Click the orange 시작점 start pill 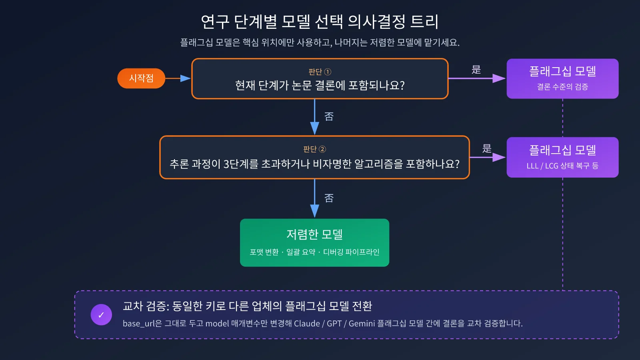click(x=141, y=78)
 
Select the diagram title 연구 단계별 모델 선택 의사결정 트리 click(x=320, y=22)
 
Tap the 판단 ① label click(x=320, y=72)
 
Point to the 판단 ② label click(x=314, y=149)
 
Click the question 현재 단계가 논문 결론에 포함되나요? click(x=320, y=86)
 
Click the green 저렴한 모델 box click(x=314, y=242)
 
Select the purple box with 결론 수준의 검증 click(x=562, y=78)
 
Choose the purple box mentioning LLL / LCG click(x=562, y=157)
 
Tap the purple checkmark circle click(x=101, y=314)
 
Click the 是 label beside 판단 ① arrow click(x=476, y=70)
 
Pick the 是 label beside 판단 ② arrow click(x=487, y=148)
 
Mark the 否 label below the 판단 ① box click(x=329, y=116)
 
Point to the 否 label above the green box click(x=329, y=198)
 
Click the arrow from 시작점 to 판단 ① click(x=178, y=78)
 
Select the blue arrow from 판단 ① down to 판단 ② click(x=314, y=117)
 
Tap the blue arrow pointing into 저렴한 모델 click(x=314, y=198)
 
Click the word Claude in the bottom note click(x=307, y=324)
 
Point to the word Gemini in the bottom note click(x=362, y=324)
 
